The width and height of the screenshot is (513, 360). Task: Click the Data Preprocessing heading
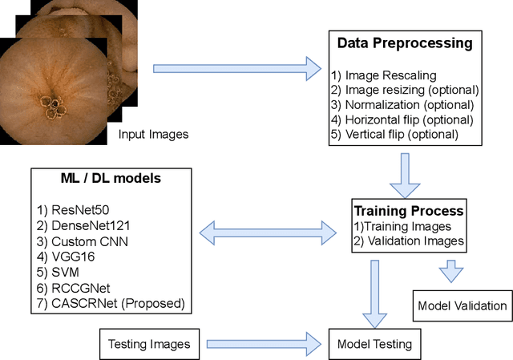coord(403,43)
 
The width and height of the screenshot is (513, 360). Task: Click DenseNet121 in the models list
coord(86,225)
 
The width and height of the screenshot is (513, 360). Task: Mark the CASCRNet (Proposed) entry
coord(112,303)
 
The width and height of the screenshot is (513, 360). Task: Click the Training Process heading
coord(409,212)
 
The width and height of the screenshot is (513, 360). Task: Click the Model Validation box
coord(463,305)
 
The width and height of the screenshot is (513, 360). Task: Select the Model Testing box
coord(375,345)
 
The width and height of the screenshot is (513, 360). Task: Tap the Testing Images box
coord(150,344)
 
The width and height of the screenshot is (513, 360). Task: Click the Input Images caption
coord(152,134)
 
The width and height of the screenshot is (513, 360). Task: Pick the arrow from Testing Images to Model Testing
coord(264,344)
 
